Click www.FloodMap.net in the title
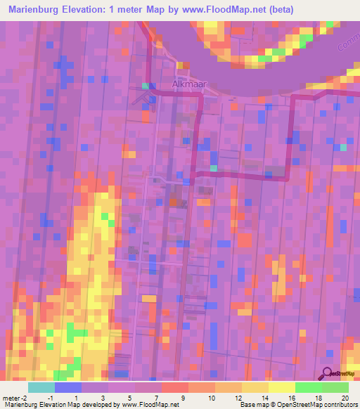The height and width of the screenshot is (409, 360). click(214, 9)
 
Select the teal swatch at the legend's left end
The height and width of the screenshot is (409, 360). click(41, 387)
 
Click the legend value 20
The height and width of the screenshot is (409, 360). click(345, 398)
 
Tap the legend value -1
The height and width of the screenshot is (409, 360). click(50, 398)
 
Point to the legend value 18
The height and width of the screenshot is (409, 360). click(318, 398)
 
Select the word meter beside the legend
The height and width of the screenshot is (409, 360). click(12, 398)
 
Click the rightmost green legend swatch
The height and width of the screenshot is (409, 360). click(335, 387)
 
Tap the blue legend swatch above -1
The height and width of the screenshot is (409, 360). click(67, 387)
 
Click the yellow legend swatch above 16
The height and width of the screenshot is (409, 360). click(282, 387)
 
